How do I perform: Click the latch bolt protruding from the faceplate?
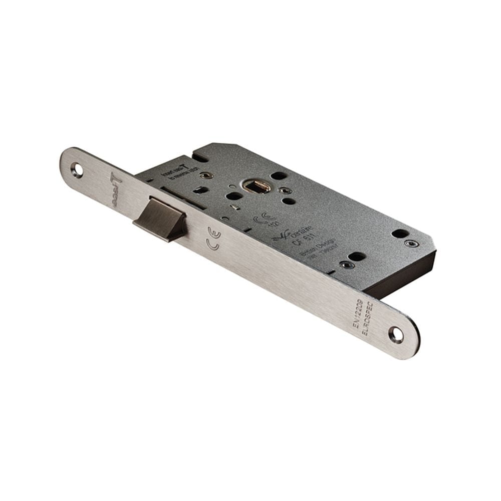click(159, 219)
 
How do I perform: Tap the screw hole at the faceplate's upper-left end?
click(77, 169)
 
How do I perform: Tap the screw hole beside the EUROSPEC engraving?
click(396, 335)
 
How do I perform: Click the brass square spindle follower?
click(257, 186)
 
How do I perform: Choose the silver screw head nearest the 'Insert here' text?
click(204, 175)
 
